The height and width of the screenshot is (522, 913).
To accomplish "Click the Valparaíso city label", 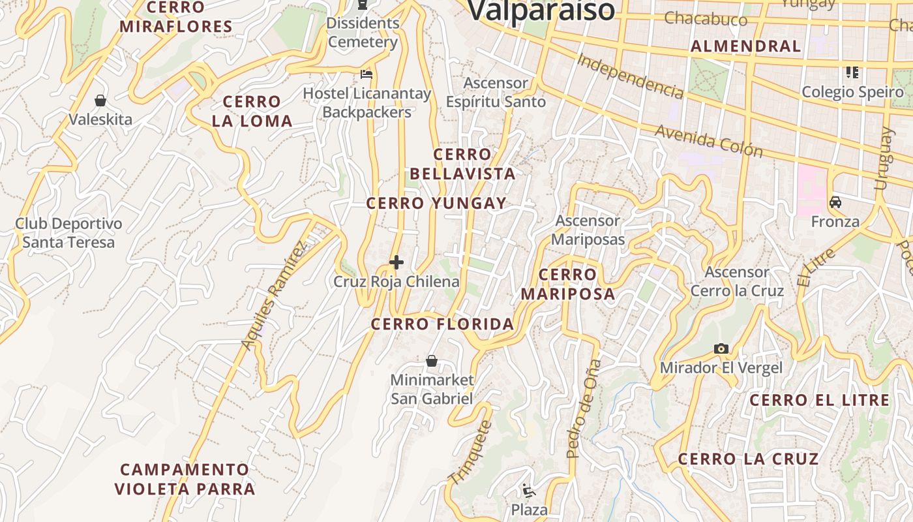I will click(x=541, y=10).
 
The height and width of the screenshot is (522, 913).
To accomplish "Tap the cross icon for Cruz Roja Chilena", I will click(x=396, y=262).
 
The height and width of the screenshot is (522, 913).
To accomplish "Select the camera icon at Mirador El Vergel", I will click(x=721, y=348).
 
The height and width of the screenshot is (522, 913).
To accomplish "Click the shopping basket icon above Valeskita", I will click(x=100, y=100).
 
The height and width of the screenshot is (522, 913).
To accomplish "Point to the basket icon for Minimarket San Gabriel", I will click(x=432, y=361).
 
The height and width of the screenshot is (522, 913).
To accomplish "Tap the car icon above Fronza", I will click(x=835, y=202).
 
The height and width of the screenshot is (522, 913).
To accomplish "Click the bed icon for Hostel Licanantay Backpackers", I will click(x=367, y=74).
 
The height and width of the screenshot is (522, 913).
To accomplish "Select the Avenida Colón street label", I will click(x=709, y=141).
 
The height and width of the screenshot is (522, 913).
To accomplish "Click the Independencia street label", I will click(x=631, y=76).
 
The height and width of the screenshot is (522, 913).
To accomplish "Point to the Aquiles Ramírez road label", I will click(x=273, y=296).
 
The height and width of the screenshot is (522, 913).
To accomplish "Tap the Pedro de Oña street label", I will click(x=582, y=408).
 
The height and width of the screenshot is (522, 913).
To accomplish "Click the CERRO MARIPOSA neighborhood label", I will click(x=567, y=284).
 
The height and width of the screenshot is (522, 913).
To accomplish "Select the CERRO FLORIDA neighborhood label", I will click(x=442, y=324).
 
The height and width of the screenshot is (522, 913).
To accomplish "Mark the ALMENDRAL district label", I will click(x=745, y=46).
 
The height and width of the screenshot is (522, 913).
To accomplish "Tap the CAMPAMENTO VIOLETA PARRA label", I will click(x=185, y=479).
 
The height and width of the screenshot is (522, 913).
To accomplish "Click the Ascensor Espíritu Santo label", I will click(x=496, y=93).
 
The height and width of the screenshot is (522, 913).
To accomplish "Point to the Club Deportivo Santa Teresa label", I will click(x=68, y=233).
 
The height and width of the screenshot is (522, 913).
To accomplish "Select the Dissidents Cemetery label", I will click(x=363, y=33).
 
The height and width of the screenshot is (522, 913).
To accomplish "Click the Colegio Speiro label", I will click(x=852, y=92).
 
